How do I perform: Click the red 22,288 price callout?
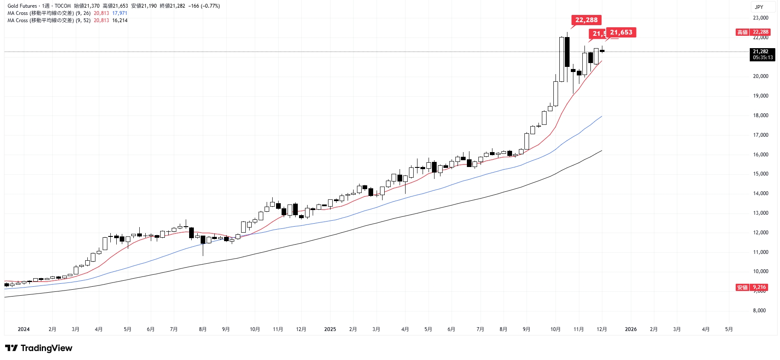(x=586, y=20)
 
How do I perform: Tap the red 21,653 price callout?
(x=621, y=32)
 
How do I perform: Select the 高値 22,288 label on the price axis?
(x=753, y=32)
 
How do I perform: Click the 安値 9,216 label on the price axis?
(x=752, y=287)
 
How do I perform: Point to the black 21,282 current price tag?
(x=762, y=55)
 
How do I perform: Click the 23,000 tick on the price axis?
(x=760, y=18)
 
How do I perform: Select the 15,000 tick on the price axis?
(x=760, y=174)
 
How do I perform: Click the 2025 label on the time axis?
(x=330, y=329)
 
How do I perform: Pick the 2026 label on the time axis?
(x=630, y=329)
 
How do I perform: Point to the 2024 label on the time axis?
(x=23, y=329)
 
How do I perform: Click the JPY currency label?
(x=759, y=7)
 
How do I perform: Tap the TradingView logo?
(x=39, y=348)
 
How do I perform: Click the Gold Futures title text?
(x=22, y=6)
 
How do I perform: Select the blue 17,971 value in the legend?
(x=120, y=13)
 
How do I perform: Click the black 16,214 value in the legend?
(x=120, y=20)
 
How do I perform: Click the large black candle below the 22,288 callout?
(x=567, y=52)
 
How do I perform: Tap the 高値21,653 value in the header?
(x=115, y=6)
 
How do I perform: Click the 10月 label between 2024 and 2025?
(x=255, y=329)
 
